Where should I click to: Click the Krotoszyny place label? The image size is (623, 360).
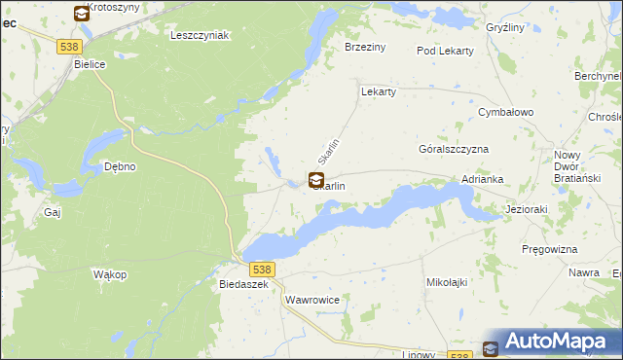(x=114, y=7)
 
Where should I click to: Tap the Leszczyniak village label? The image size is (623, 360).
(x=199, y=35)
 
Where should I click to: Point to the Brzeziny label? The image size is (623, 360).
(x=366, y=47)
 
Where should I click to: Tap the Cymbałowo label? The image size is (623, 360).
(x=506, y=113)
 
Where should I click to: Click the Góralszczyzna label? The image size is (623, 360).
(x=453, y=150)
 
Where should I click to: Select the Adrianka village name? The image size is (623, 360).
(x=483, y=180)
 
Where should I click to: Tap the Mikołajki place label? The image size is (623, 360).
(x=449, y=282)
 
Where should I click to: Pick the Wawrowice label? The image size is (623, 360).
(x=312, y=301)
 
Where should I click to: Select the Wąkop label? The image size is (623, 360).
(x=110, y=275)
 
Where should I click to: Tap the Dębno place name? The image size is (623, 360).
(x=120, y=166)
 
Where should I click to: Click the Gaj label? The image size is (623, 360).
(x=53, y=211)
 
